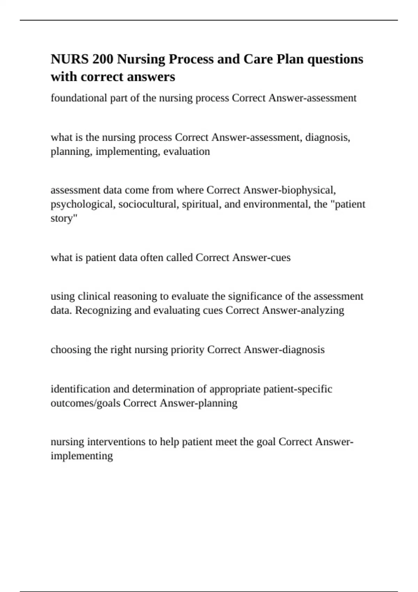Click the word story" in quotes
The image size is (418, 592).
[64, 218]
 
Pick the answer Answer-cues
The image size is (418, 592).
[261, 258]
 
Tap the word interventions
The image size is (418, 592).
[117, 442]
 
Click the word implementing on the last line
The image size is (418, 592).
[82, 456]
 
